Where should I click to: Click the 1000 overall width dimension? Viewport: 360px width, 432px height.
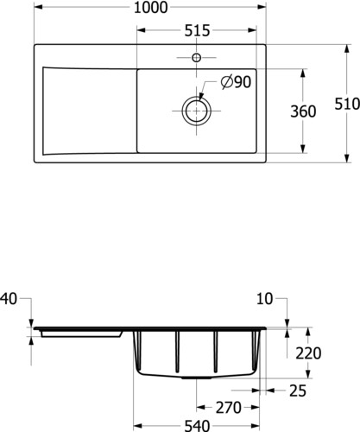(x=150, y=8)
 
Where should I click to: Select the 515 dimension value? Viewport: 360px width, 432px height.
(x=197, y=30)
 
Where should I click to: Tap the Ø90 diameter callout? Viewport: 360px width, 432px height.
(x=236, y=82)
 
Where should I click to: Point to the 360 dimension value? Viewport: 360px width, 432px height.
(x=303, y=111)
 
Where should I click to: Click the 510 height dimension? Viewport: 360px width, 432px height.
(x=347, y=104)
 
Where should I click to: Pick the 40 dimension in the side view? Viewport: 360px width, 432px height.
(x=9, y=299)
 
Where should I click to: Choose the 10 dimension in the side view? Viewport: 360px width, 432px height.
(x=264, y=299)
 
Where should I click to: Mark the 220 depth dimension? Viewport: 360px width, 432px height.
(x=308, y=353)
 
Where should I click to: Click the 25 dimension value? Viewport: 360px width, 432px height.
(x=298, y=391)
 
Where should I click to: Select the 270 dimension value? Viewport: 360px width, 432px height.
(x=229, y=408)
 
